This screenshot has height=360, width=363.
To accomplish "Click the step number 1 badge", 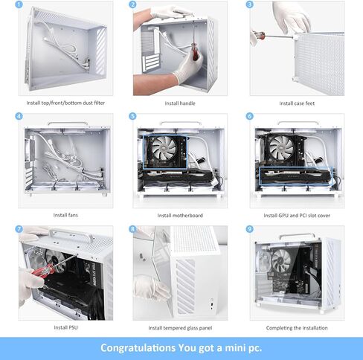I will click(x=19, y=4).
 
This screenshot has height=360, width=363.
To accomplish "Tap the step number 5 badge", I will click(x=133, y=117).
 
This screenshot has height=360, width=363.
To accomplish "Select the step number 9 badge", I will click(x=250, y=230).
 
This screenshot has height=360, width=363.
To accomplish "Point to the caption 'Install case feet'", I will click(x=297, y=103).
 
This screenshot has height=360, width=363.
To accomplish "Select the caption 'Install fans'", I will click(x=65, y=215).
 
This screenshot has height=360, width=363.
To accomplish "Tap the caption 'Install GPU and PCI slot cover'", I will click(x=297, y=215).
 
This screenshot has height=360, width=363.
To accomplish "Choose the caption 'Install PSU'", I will click(x=65, y=328).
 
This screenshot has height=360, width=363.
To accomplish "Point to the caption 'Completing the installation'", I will click(x=297, y=328).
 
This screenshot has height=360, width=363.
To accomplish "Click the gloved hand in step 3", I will click(x=292, y=16).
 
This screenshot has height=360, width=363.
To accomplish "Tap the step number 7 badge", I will click(x=19, y=230).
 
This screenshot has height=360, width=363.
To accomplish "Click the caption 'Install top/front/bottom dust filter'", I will click(x=65, y=103).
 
